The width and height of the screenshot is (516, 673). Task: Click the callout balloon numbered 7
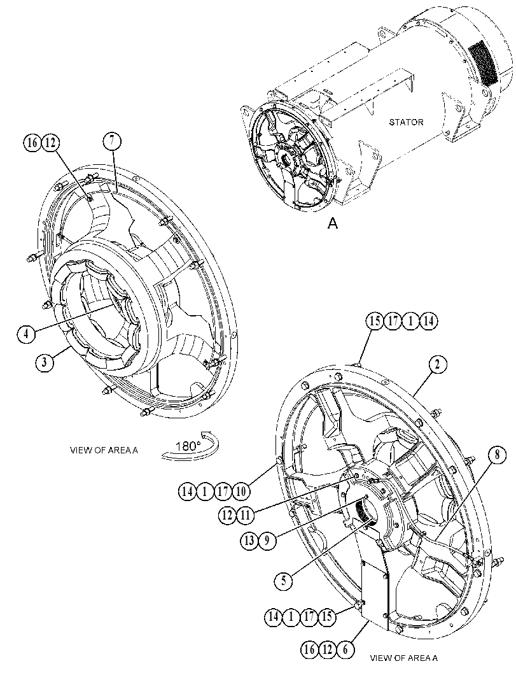[x=112, y=141]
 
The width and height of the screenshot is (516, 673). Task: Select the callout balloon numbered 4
[x=27, y=334]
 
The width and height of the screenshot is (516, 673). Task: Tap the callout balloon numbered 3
[x=45, y=362]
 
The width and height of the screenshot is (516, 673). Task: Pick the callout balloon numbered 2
[x=437, y=365]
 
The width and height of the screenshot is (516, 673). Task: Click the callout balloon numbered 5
[x=284, y=581]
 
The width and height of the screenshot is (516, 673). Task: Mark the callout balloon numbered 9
[x=267, y=541]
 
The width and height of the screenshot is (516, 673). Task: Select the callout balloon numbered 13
[x=249, y=541]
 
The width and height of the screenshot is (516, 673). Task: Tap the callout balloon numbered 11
[x=245, y=514]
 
